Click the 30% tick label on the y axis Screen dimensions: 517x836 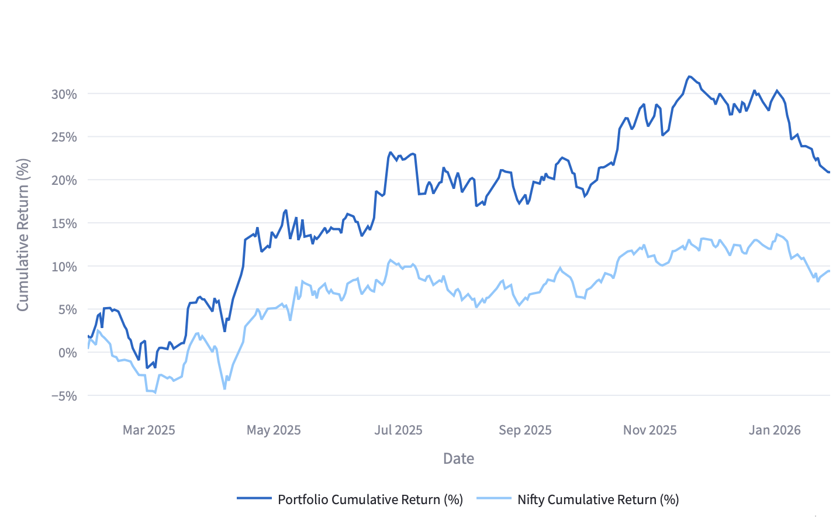coord(64,94)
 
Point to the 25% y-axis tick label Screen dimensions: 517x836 coord(64,137)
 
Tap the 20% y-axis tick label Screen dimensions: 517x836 coord(64,181)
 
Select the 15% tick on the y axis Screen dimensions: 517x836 coord(64,223)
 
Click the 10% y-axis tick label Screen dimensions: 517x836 coord(64,267)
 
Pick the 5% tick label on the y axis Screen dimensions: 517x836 coord(67,310)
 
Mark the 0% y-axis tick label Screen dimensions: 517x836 coord(67,353)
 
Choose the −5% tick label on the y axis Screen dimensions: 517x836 coord(64,396)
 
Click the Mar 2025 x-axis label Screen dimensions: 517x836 coord(148,430)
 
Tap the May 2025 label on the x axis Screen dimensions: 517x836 coord(274,430)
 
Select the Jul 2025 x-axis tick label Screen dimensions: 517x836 coord(398,430)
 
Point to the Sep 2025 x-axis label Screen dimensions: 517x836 coord(525,430)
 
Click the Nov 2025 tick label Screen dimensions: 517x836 coord(650,430)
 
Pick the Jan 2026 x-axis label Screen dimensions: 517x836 coord(775,430)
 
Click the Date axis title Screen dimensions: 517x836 coord(458,459)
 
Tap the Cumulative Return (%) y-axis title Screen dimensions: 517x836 coord(23,235)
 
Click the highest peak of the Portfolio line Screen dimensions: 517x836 coord(690,77)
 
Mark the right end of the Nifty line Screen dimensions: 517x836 coord(829,271)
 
